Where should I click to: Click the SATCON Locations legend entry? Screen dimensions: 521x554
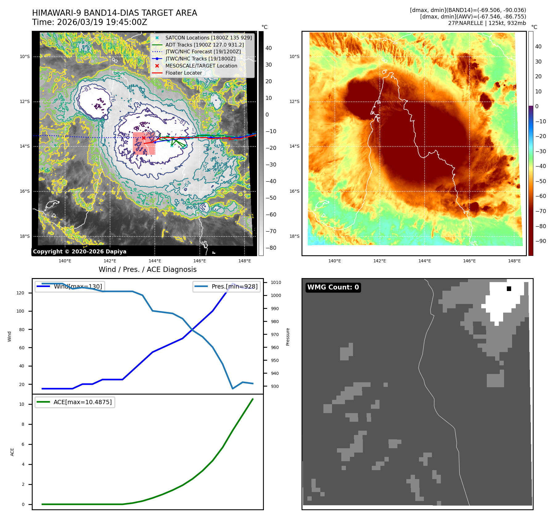click(208, 38)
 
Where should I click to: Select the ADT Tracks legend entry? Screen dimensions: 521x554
click(204, 45)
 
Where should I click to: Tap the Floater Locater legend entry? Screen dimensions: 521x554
click(184, 73)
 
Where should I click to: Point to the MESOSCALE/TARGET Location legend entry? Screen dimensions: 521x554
click(201, 66)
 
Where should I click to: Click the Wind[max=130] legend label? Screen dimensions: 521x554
click(78, 286)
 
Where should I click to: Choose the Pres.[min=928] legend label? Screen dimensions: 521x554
click(234, 286)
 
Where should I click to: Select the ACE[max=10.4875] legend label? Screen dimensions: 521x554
click(83, 402)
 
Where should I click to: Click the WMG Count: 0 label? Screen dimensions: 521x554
click(333, 287)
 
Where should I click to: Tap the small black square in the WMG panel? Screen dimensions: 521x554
click(509, 289)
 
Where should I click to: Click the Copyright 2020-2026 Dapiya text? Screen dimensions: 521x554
click(80, 252)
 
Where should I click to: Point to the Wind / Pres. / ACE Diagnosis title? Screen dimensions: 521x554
click(147, 269)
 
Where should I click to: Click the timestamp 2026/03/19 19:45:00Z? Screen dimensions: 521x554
click(102, 23)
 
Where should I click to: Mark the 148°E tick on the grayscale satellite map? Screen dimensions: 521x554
click(244, 261)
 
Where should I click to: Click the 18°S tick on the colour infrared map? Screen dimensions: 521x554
click(294, 236)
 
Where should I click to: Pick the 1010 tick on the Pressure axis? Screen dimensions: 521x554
click(276, 282)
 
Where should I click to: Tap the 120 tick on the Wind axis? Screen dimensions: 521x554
click(20, 293)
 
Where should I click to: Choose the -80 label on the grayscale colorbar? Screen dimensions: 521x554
click(271, 248)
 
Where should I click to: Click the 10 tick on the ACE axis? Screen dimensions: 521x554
click(22, 404)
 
